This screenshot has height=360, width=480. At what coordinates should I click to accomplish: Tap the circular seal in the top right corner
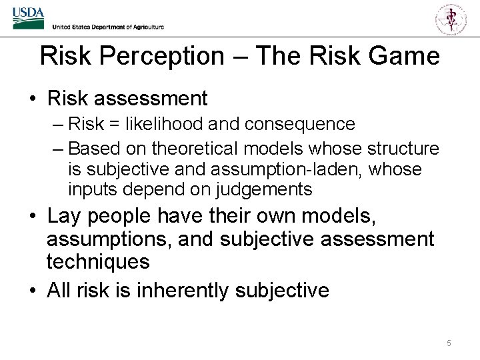coord(451,18)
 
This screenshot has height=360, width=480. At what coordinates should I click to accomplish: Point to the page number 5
coord(449,343)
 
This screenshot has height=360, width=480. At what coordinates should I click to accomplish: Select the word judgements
coord(263,190)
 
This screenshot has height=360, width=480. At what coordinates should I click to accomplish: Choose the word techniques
coord(98,261)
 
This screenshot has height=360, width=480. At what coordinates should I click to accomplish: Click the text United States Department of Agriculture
coord(107,27)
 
